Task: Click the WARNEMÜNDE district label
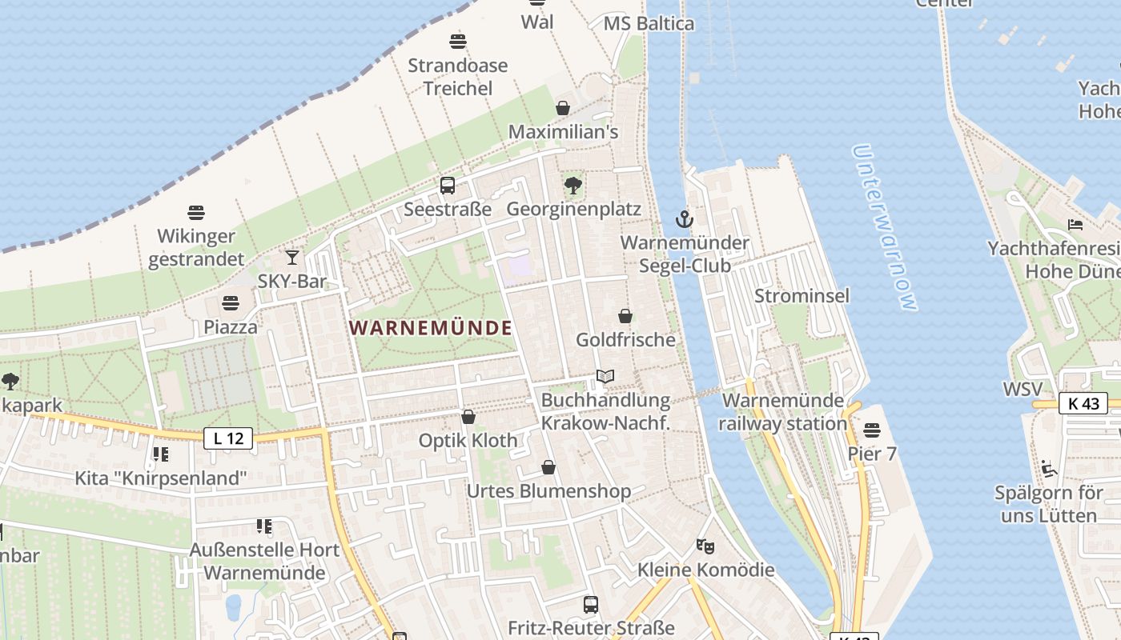tap(431, 328)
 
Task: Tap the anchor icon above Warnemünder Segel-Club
tap(684, 218)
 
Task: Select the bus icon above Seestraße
tap(448, 186)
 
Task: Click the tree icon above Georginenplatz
tap(573, 186)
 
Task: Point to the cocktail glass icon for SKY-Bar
tap(292, 258)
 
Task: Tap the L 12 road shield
tap(228, 438)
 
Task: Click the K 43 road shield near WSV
tap(1083, 403)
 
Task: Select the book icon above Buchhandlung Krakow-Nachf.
tap(605, 376)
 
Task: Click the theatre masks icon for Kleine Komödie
tap(705, 546)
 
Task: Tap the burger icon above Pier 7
tap(872, 431)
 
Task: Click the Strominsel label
tap(802, 296)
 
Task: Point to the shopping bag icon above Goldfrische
tap(625, 316)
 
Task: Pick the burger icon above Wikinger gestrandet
tap(196, 212)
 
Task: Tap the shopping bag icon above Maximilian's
tap(563, 108)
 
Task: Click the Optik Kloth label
tap(468, 440)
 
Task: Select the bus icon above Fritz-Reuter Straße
tap(591, 605)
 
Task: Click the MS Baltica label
tap(649, 23)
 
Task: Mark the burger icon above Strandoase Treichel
tap(458, 41)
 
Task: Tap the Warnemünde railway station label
tap(783, 412)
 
